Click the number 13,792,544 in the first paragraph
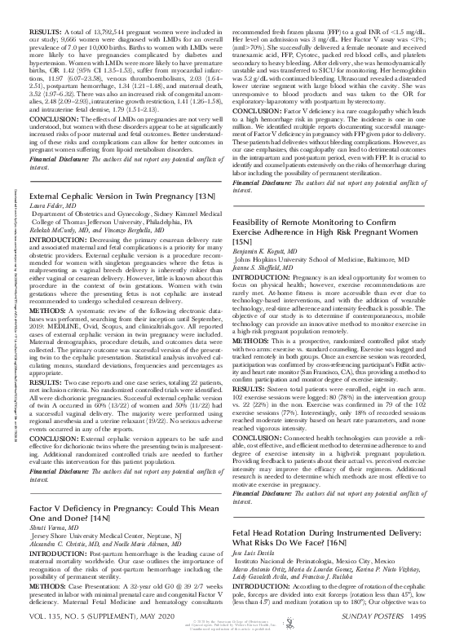(102, 7)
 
